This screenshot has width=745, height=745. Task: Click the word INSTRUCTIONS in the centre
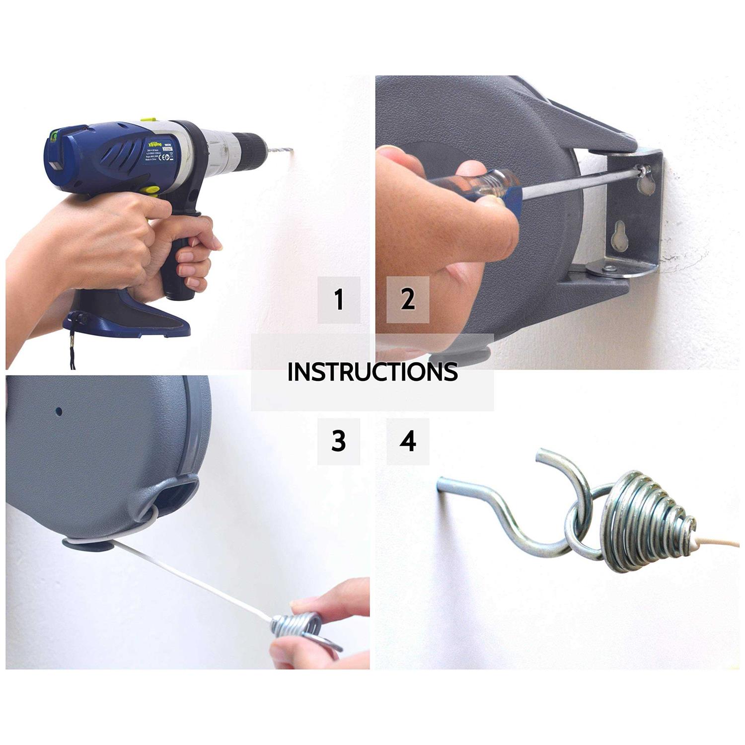pos(372,372)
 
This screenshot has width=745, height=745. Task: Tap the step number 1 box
pos(339,300)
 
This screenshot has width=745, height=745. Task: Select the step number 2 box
pos(408,300)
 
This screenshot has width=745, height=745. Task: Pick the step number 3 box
pos(339,441)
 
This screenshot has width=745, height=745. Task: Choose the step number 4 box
pos(408,441)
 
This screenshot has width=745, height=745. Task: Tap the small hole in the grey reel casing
pos(59,411)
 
